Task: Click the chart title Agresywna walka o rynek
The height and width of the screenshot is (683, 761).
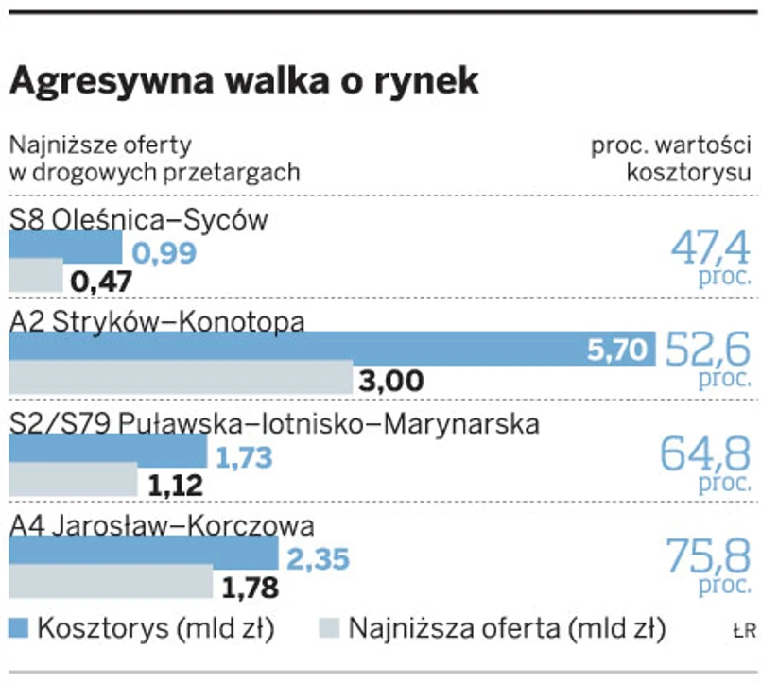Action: pyautogui.click(x=244, y=82)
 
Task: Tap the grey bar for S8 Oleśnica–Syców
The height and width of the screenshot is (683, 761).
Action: pyautogui.click(x=36, y=277)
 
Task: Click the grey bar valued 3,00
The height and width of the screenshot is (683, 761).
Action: pyautogui.click(x=181, y=379)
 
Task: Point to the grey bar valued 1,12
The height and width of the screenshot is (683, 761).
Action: pyautogui.click(x=73, y=482)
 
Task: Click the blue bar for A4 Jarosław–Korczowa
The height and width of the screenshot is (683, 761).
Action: pyautogui.click(x=144, y=555)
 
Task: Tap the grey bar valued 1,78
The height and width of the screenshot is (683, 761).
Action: pyautogui.click(x=111, y=583)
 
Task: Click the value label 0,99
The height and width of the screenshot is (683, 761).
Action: pyautogui.click(x=164, y=252)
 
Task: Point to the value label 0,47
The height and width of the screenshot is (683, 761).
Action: pyautogui.click(x=101, y=281)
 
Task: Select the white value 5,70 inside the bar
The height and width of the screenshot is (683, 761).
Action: pyautogui.click(x=619, y=351)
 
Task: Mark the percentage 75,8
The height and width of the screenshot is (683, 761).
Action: pyautogui.click(x=709, y=556)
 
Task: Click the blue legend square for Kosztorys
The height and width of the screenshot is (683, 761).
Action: pyautogui.click(x=20, y=628)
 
